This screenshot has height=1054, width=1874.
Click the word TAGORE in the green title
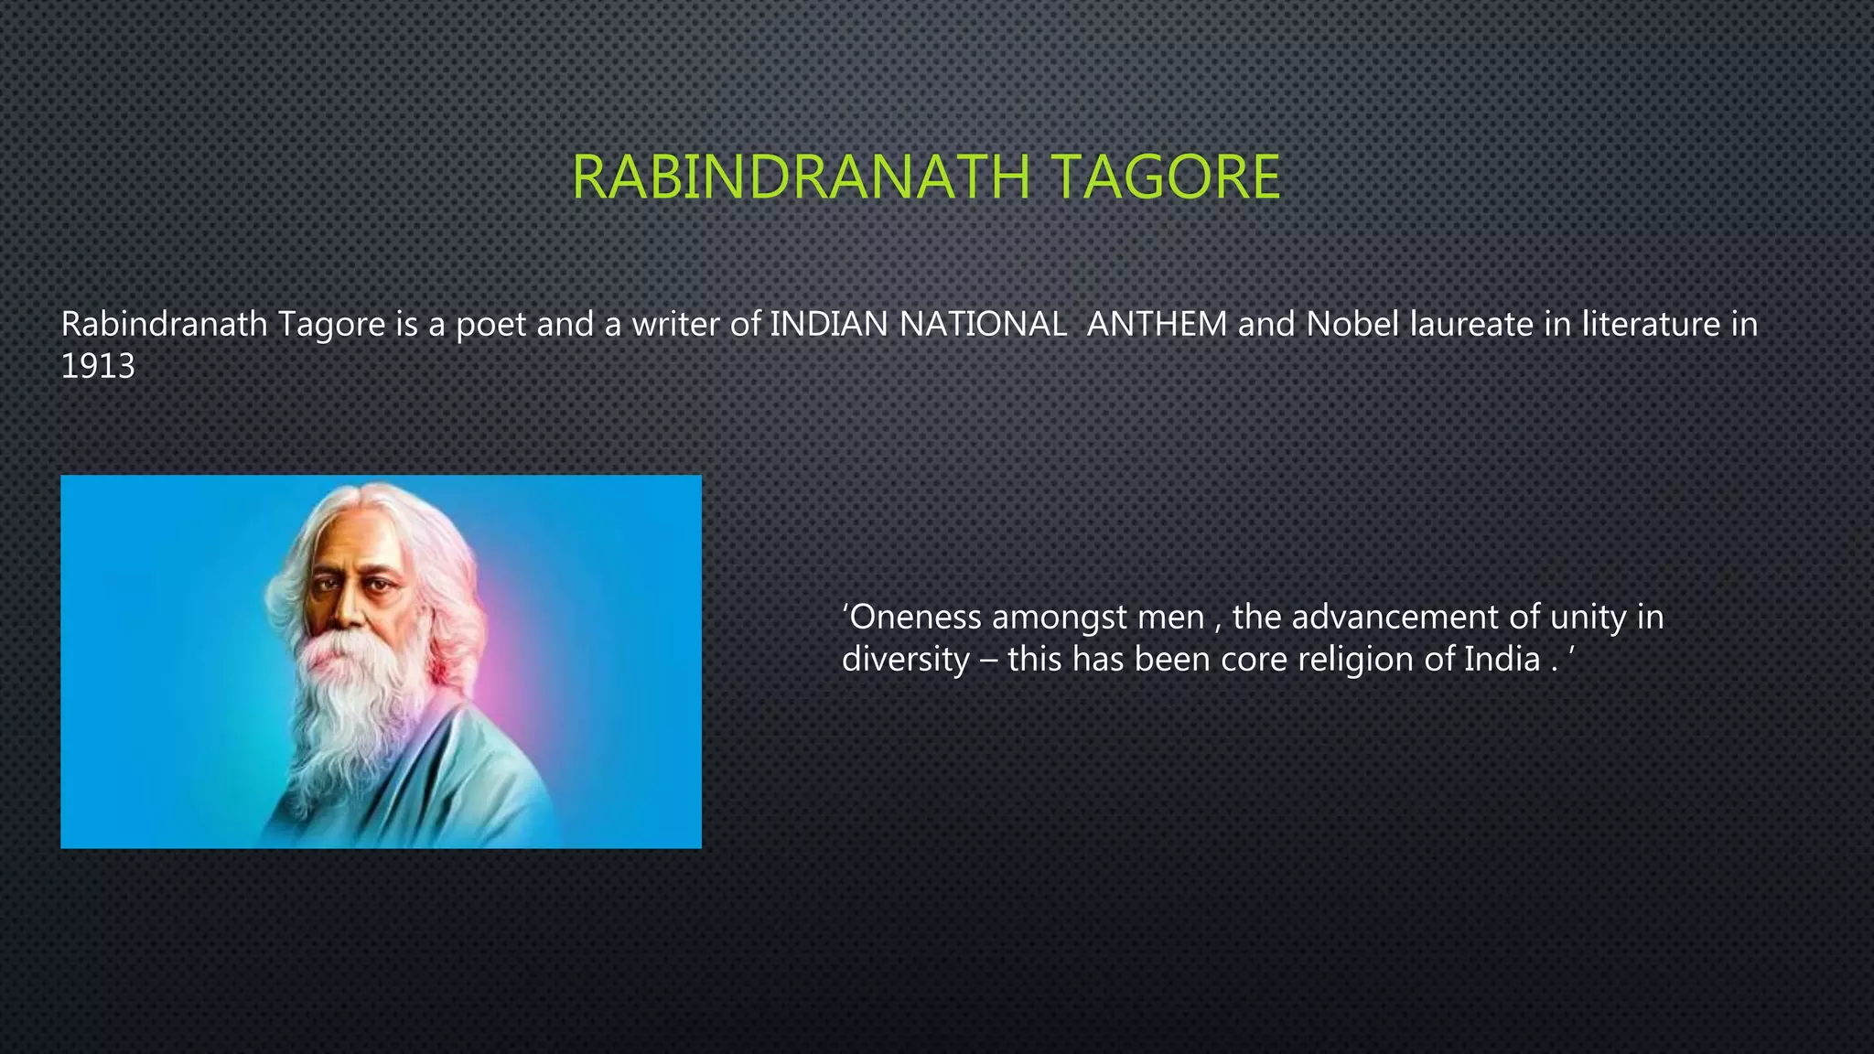(x=1165, y=177)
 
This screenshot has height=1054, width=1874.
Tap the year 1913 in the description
(x=97, y=367)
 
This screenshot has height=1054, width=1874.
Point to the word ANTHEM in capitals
(x=1157, y=324)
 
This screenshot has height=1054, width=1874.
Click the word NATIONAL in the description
(x=983, y=324)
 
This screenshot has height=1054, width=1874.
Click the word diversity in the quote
(x=905, y=660)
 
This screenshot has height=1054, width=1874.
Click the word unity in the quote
(x=1588, y=618)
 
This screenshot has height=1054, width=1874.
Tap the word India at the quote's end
(x=1502, y=660)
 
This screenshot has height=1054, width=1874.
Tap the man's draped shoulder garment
(x=476, y=778)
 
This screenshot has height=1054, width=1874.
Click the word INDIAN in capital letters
(x=829, y=324)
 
